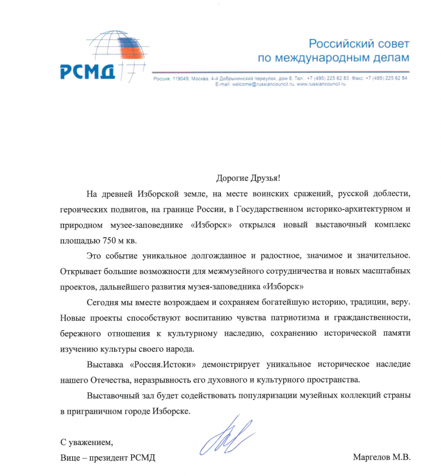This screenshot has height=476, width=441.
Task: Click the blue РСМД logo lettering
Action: [x=88, y=71]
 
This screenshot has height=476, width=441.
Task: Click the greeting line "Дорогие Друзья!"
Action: [x=248, y=178]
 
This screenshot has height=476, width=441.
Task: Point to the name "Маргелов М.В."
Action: [x=382, y=457]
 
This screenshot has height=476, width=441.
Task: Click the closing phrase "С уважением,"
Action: [x=86, y=442]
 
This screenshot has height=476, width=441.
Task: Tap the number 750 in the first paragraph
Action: [x=109, y=240]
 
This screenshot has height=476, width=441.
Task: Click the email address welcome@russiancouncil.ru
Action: [x=263, y=84]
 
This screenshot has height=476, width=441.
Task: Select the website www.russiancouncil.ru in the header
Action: [x=321, y=84]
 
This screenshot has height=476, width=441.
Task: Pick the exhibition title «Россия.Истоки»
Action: [x=163, y=364]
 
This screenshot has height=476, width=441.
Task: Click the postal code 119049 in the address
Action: [x=180, y=79]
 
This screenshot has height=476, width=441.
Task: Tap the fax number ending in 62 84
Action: [x=386, y=78]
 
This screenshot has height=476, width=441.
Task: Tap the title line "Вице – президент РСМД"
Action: [x=107, y=457]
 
